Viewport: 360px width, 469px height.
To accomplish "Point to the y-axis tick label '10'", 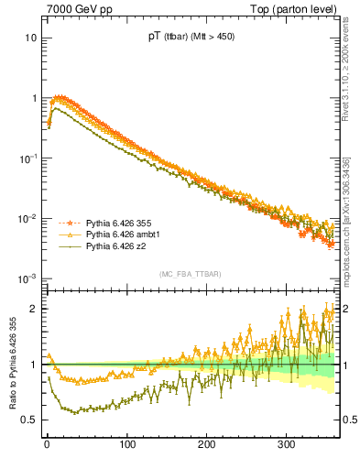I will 30,38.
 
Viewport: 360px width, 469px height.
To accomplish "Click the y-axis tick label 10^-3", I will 28,278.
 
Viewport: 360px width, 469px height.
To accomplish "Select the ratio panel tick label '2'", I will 33,309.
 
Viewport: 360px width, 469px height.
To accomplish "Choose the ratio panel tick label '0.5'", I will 29,420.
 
